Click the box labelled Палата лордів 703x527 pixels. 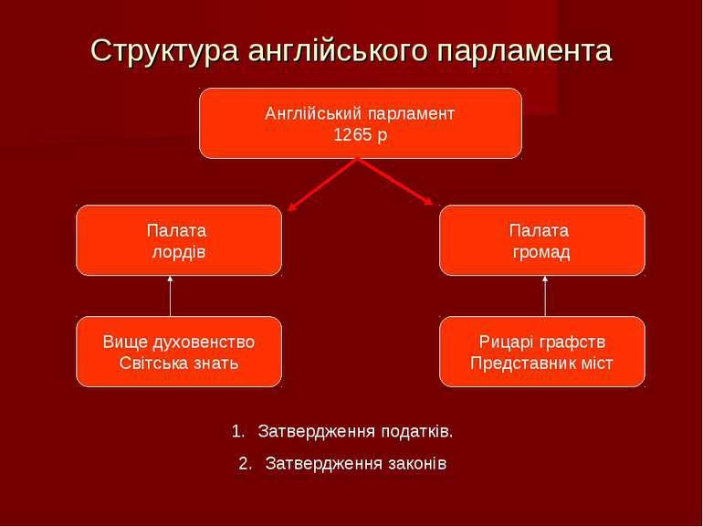point(179,240)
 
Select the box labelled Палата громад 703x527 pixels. point(542,240)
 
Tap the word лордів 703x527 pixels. point(179,251)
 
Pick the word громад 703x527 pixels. point(541,252)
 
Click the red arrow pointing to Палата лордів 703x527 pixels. point(322,184)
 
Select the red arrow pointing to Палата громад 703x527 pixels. point(396,182)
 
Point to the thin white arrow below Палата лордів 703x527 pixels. point(170,296)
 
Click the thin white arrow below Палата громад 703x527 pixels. point(545,296)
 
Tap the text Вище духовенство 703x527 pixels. point(179,343)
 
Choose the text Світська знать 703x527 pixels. point(179,363)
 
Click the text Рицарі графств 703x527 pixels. point(542,343)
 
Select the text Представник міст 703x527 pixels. point(541,363)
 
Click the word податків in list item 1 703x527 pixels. point(417,431)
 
